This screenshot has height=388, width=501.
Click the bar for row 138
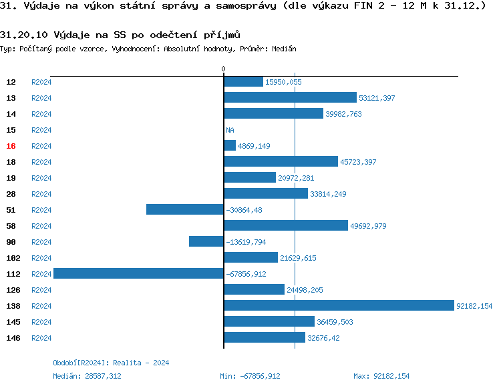339,305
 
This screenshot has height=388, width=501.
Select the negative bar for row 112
138,273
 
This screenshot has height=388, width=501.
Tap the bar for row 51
184,209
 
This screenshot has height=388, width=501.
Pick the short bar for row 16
230,145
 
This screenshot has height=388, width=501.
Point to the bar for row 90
206,241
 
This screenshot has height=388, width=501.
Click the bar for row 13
290,97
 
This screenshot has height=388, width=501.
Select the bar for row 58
285,225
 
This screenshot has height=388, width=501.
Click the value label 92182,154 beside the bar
474,306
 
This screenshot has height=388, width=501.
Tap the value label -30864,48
244,210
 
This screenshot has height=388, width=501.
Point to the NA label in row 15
230,130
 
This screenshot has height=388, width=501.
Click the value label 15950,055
283,82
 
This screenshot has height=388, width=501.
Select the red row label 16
11,146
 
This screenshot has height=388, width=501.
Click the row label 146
13,338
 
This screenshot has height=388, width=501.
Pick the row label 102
13,258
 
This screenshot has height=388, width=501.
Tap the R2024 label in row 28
41,194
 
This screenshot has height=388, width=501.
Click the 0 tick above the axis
223,69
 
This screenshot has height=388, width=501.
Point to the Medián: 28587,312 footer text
87,376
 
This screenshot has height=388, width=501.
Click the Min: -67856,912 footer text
250,376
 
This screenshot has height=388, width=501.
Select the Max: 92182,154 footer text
381,376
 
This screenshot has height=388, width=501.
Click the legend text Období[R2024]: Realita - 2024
111,363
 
